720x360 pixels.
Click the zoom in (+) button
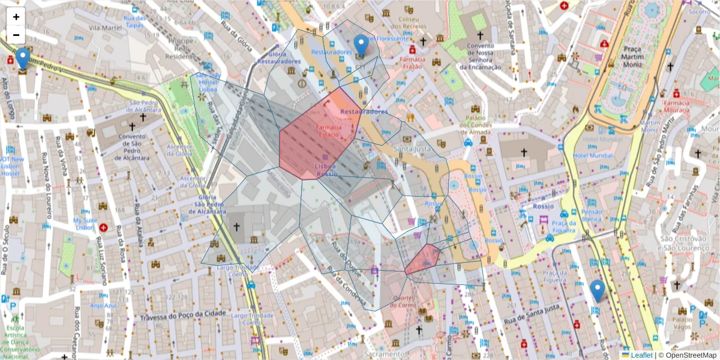[x=16, y=17]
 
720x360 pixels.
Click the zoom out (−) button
[x=16, y=35]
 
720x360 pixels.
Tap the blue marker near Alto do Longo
[x=23, y=59]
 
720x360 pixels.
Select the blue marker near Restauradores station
[x=361, y=46]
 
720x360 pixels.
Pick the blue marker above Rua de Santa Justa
[x=597, y=290]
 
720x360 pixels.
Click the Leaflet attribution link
[x=641, y=355]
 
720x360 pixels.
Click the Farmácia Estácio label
[x=329, y=131]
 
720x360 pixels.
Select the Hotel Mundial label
[x=592, y=155]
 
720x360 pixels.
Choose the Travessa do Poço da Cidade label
[x=183, y=315]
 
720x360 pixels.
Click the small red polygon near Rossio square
[x=422, y=260]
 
